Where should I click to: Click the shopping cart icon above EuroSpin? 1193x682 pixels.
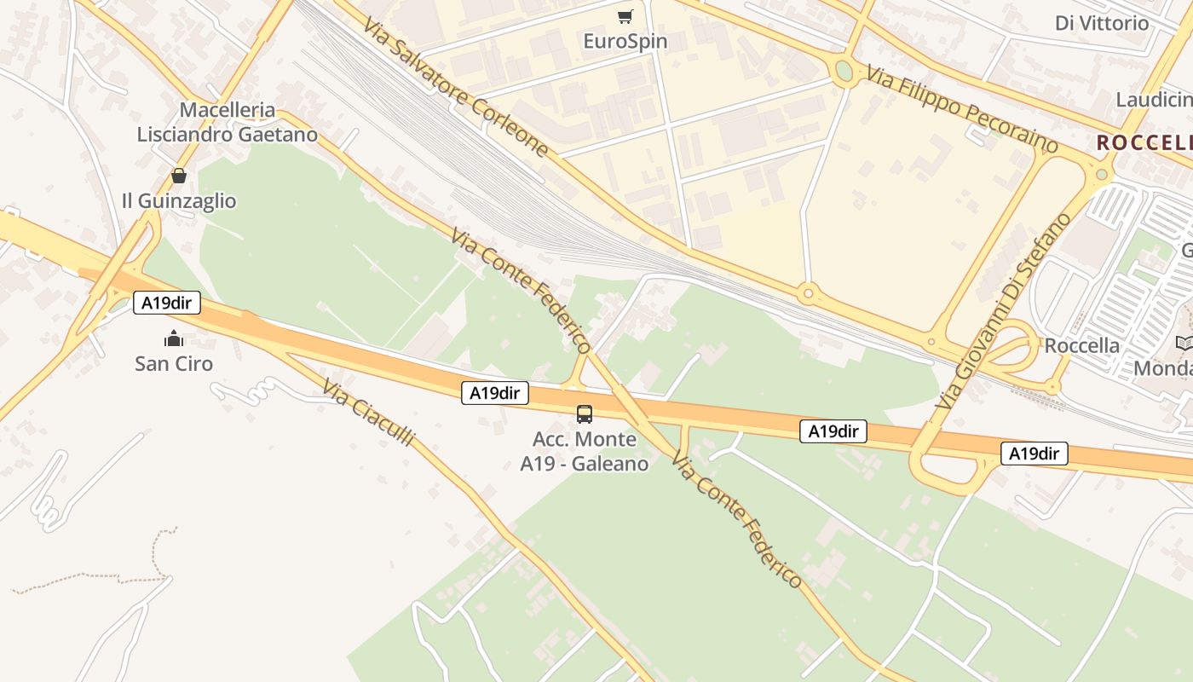[625, 16]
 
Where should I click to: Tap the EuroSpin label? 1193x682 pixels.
[625, 41]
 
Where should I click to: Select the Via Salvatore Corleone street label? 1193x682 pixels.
[456, 84]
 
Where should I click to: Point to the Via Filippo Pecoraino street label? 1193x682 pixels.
[962, 108]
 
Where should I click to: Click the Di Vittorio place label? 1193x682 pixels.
[1102, 23]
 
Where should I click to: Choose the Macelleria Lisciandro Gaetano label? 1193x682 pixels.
[228, 122]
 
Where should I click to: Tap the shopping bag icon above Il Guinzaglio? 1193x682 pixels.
[179, 176]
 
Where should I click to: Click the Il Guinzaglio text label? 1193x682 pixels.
[179, 201]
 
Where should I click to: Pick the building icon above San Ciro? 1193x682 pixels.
[174, 338]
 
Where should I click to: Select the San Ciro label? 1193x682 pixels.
[174, 364]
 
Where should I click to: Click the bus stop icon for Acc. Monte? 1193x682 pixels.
[585, 414]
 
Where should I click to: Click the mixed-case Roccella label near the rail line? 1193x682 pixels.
[1081, 345]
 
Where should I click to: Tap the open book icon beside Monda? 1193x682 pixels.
[1184, 343]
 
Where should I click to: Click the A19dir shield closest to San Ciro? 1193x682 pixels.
[167, 303]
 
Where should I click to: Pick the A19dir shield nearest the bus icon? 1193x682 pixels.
[495, 393]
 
